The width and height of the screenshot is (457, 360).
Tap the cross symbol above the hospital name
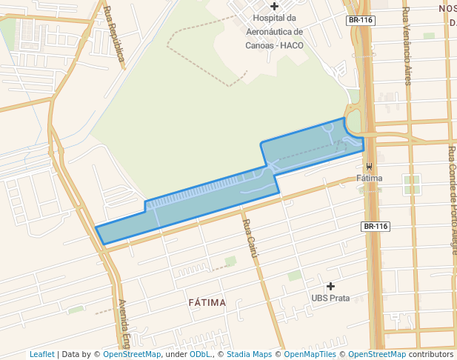pos(274,6)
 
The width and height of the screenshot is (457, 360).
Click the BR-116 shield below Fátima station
pos(376,226)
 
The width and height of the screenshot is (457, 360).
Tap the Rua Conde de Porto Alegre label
pos(452,200)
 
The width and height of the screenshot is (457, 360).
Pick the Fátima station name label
pos(369,179)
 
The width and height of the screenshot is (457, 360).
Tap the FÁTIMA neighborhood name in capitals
pos(207,302)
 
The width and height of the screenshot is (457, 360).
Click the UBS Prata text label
pos(330,298)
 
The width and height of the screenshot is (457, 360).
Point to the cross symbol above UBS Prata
pos(330,285)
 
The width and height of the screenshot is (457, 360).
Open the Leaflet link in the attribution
pos(41,354)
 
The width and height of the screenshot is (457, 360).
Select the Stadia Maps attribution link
pos(249,354)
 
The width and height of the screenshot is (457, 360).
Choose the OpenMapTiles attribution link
pos(310,354)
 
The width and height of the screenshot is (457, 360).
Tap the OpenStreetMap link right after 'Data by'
pos(132,354)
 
